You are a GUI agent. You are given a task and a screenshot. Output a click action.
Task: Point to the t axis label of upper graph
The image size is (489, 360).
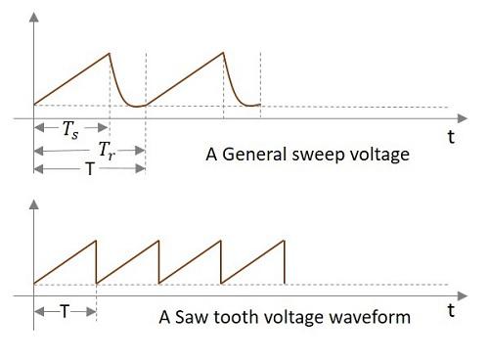[451, 138]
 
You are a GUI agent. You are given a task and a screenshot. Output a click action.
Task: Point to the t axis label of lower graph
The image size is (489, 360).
[451, 311]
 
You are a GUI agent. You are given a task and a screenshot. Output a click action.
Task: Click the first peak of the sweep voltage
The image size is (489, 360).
[110, 53]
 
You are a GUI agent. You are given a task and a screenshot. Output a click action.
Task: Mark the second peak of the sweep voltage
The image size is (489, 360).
[223, 53]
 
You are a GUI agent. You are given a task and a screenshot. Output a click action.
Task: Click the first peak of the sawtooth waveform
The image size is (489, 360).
[96, 241]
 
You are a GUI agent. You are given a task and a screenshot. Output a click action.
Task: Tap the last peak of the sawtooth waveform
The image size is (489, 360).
[284, 241]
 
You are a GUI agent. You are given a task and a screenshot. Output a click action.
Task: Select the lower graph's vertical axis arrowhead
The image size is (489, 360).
[35, 203]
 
